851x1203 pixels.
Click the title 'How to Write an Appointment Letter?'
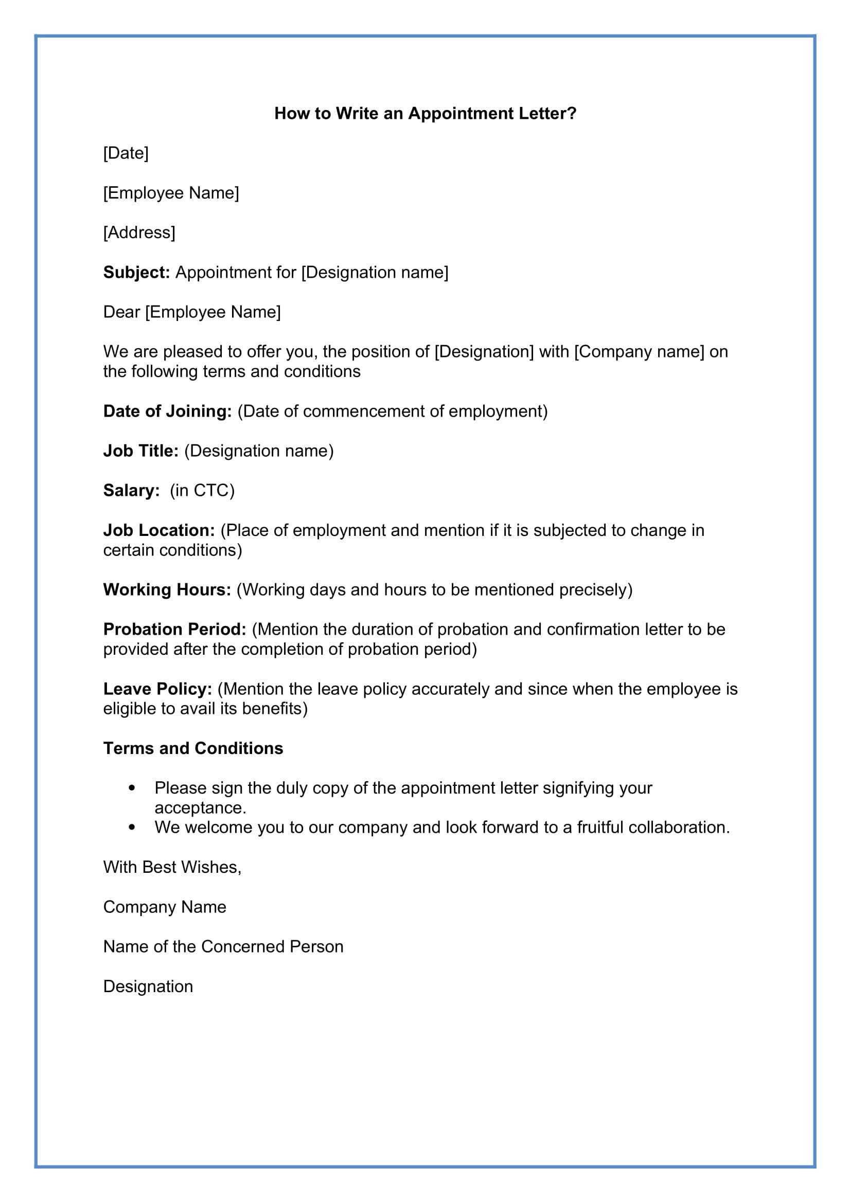425,114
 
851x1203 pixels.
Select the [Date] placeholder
126,153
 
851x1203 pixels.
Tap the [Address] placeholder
139,232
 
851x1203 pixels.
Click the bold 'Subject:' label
136,273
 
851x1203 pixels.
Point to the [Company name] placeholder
639,352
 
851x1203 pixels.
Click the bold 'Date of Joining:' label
167,411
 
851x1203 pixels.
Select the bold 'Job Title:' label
141,451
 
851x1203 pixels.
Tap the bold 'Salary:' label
131,491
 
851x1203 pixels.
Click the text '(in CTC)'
202,491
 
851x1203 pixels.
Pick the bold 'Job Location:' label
159,530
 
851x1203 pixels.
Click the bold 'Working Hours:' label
167,590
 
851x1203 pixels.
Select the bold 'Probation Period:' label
174,629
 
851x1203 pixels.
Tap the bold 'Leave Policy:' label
157,689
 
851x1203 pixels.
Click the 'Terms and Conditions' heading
193,748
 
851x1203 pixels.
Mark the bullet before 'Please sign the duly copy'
132,788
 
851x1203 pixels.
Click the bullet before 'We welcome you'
132,828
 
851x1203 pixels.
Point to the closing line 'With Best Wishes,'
172,867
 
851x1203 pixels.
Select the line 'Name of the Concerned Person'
223,946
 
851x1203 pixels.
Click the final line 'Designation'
148,986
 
